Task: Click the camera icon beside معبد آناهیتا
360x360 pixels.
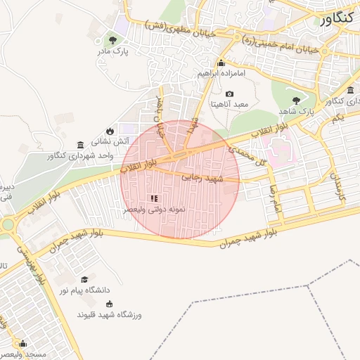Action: pyautogui.click(x=229, y=94)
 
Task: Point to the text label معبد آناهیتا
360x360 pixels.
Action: pyautogui.click(x=230, y=104)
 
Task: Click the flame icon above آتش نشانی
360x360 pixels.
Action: pyautogui.click(x=110, y=131)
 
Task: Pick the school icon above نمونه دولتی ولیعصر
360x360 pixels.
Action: pyautogui.click(x=155, y=199)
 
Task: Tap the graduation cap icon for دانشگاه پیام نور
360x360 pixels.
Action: pyautogui.click(x=84, y=279)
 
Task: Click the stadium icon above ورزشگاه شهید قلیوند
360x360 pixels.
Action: pyautogui.click(x=109, y=304)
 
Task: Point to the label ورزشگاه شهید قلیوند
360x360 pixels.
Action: pyautogui.click(x=113, y=315)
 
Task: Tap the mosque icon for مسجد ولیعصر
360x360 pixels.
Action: pyautogui.click(x=22, y=344)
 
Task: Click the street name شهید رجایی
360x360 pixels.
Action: pyautogui.click(x=202, y=179)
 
